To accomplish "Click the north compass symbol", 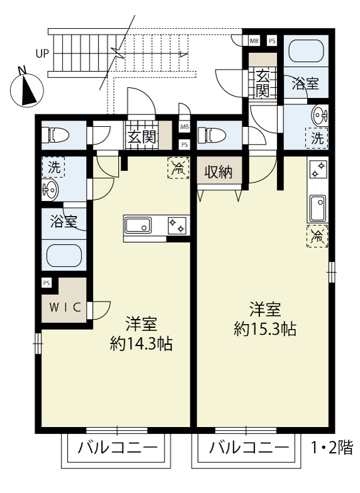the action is pyautogui.click(x=26, y=90).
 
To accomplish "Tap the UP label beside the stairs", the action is pyautogui.click(x=43, y=54).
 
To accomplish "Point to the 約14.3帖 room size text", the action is pyautogui.click(x=141, y=344).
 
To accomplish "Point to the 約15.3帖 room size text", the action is pyautogui.click(x=265, y=329).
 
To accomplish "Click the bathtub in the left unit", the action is pyautogui.click(x=64, y=256).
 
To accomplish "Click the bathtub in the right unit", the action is pyautogui.click(x=306, y=51).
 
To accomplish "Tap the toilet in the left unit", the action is pyautogui.click(x=55, y=136).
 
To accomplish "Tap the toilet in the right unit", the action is pyautogui.click(x=211, y=136).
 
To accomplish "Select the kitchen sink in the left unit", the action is pyautogui.click(x=138, y=225).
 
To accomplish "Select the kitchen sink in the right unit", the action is pyautogui.click(x=318, y=208).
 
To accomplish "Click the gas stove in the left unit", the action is pyautogui.click(x=177, y=225).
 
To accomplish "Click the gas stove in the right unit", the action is pyautogui.click(x=318, y=169).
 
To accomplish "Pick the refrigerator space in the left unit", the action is pyautogui.click(x=178, y=168).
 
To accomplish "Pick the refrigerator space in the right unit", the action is pyautogui.click(x=317, y=236).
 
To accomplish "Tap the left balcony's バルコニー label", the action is pyautogui.click(x=117, y=447).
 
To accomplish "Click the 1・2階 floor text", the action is pyautogui.click(x=332, y=447).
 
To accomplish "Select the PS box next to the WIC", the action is pyautogui.click(x=46, y=283).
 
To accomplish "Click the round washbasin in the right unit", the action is pyautogui.click(x=320, y=115).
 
